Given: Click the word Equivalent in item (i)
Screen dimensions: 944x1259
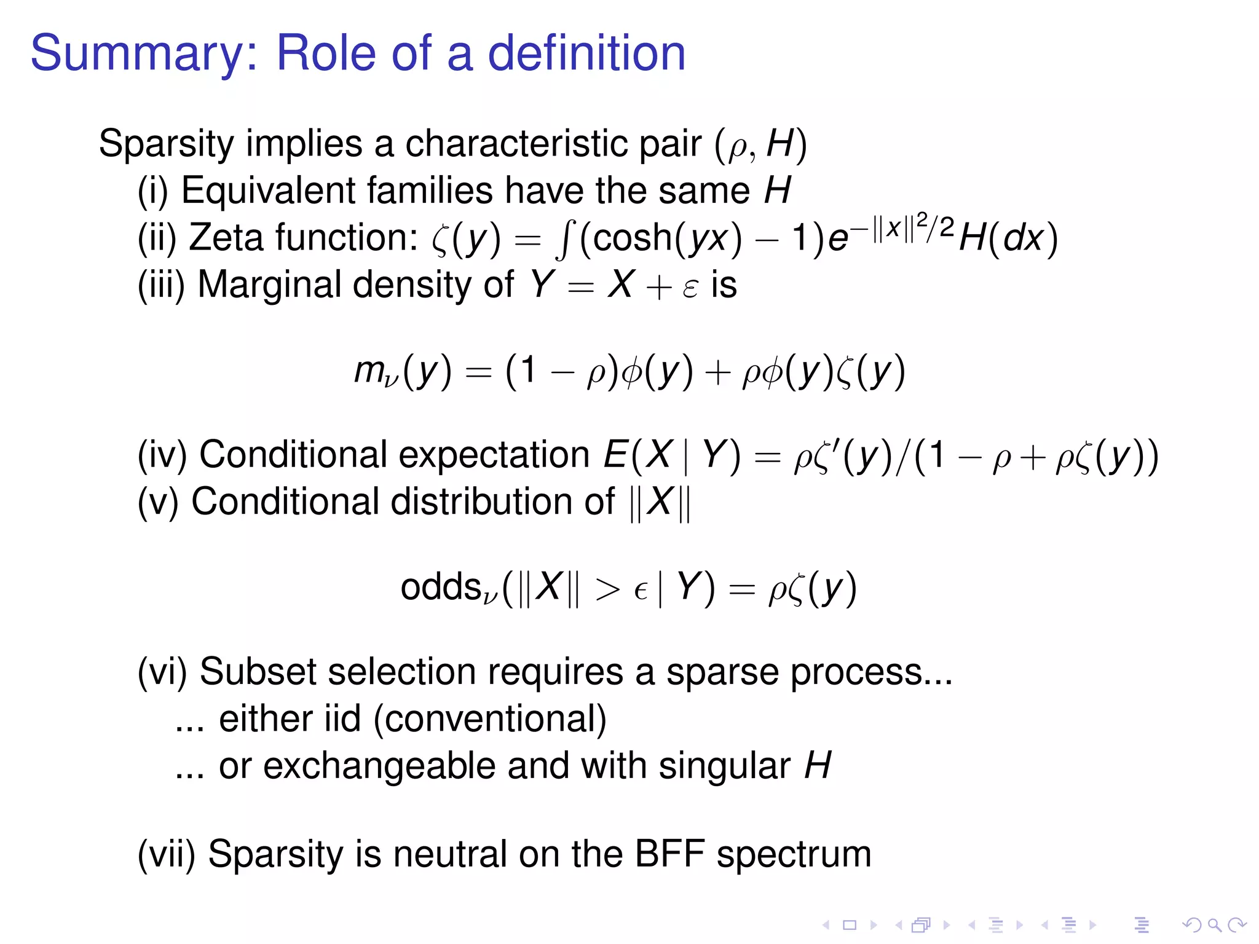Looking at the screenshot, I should (x=268, y=191).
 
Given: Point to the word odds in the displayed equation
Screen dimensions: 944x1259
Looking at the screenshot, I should (x=440, y=587).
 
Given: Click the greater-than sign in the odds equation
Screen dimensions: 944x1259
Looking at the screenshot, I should (x=607, y=590).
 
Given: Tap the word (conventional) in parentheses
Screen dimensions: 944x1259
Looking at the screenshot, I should (x=490, y=719).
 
